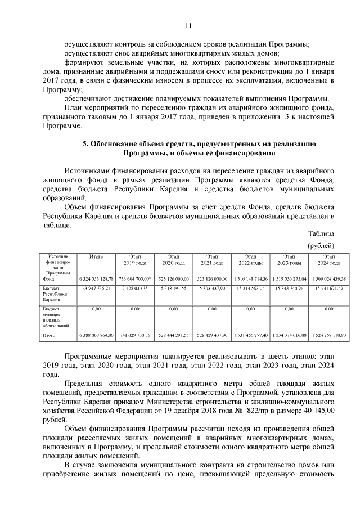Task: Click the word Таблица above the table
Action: pos(321,233)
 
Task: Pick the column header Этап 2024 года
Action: pos(327,260)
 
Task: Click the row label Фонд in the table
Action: pos(48,278)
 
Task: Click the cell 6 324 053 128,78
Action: pos(96,278)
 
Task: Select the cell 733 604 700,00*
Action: pos(134,278)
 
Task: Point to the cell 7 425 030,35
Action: pos(134,288)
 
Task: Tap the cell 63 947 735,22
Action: pos(96,288)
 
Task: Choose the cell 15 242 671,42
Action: pos(327,288)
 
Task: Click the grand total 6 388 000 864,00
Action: pos(96,335)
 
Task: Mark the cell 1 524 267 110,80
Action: pos(327,335)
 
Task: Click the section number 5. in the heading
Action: pos(85,144)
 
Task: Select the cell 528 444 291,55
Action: pos(173,335)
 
